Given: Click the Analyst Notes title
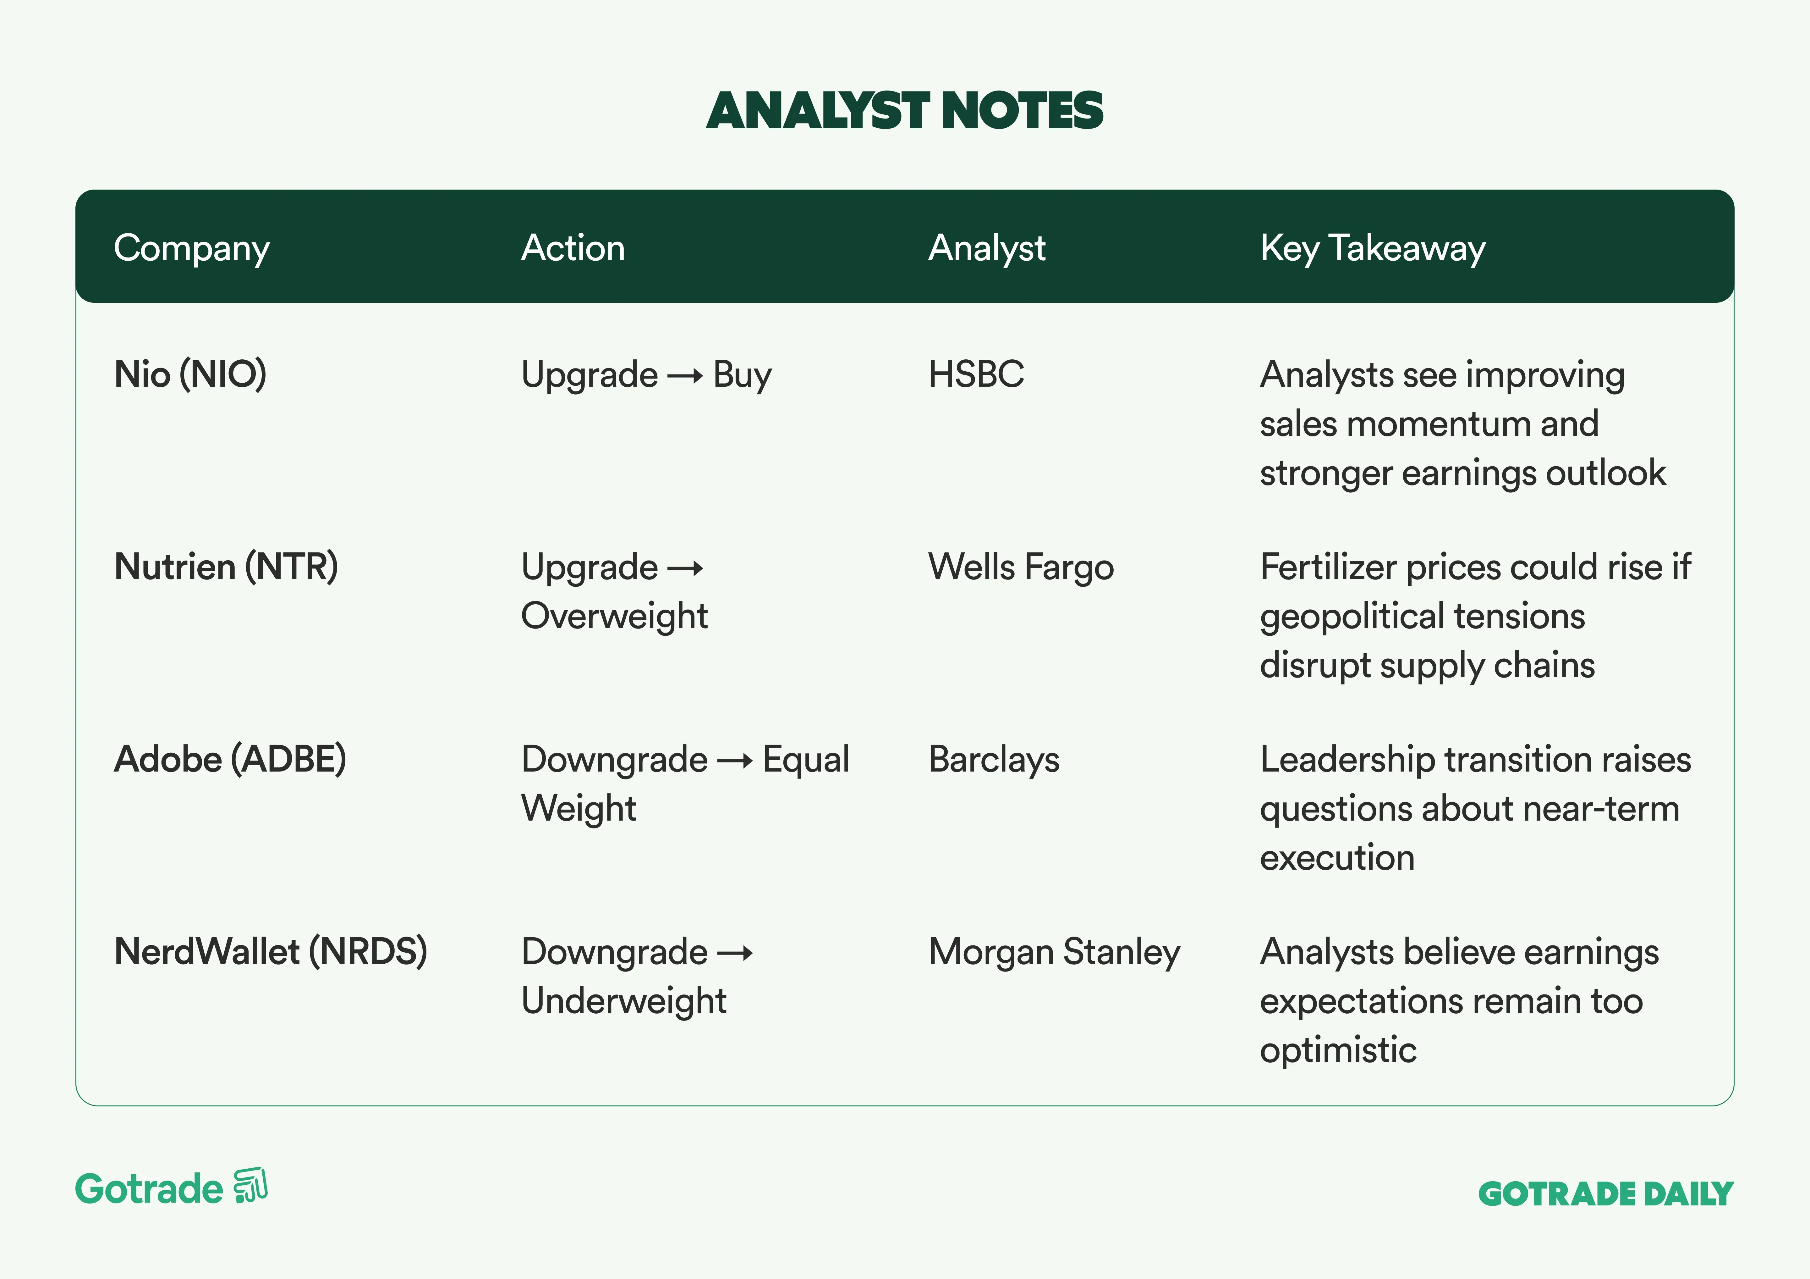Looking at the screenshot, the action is (904, 110).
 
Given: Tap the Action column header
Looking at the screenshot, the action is (573, 248).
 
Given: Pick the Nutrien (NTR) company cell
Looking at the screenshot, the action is (226, 567).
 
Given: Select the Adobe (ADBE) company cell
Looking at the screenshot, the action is (230, 759).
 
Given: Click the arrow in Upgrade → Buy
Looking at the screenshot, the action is (685, 376).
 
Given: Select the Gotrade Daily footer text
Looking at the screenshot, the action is (1606, 1194).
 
